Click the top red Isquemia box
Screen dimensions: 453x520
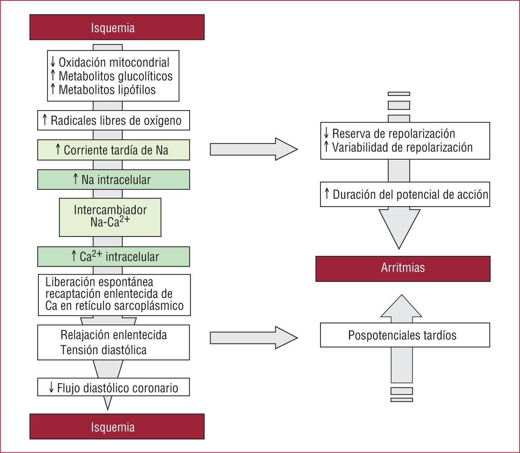(x=117, y=27)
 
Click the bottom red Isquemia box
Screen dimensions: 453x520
(x=117, y=427)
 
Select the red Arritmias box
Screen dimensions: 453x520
(x=403, y=268)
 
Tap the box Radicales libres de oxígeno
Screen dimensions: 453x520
(x=114, y=120)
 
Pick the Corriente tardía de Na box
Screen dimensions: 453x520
(x=114, y=150)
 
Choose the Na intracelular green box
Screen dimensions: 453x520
(x=114, y=179)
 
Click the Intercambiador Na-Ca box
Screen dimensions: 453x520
(x=110, y=217)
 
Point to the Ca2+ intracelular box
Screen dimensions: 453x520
(x=114, y=256)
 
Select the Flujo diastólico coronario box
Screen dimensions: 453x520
(x=114, y=387)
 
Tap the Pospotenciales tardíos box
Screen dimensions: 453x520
(x=405, y=335)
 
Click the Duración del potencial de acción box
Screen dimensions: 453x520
(x=405, y=194)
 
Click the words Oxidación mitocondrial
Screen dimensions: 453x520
(x=114, y=63)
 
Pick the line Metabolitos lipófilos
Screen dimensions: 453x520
(x=107, y=90)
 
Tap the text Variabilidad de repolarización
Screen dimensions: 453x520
(x=402, y=147)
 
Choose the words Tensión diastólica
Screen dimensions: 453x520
(x=104, y=350)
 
